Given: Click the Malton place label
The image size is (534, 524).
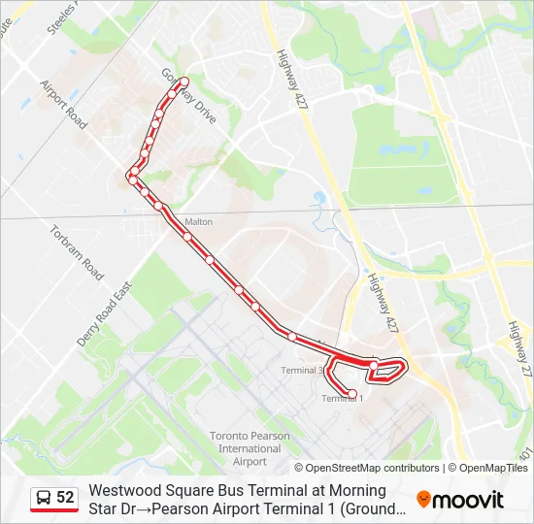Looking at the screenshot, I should click(x=198, y=222).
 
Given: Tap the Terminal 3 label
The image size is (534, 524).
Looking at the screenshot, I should click(x=302, y=371).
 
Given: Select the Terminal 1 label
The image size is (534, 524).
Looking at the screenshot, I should click(x=342, y=398).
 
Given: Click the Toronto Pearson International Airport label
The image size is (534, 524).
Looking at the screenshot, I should click(x=250, y=448).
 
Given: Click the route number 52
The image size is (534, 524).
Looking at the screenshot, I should click(x=65, y=498).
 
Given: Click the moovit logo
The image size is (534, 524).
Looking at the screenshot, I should click(x=460, y=500).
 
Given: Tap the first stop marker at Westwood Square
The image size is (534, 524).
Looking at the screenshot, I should click(x=182, y=82).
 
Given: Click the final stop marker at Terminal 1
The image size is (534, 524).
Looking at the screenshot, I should click(x=351, y=393).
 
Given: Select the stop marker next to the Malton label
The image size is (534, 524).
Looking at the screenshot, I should click(x=186, y=236).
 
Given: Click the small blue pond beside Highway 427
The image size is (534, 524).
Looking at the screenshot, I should click(x=319, y=199).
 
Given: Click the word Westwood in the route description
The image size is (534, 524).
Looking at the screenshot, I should click(x=122, y=491).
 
